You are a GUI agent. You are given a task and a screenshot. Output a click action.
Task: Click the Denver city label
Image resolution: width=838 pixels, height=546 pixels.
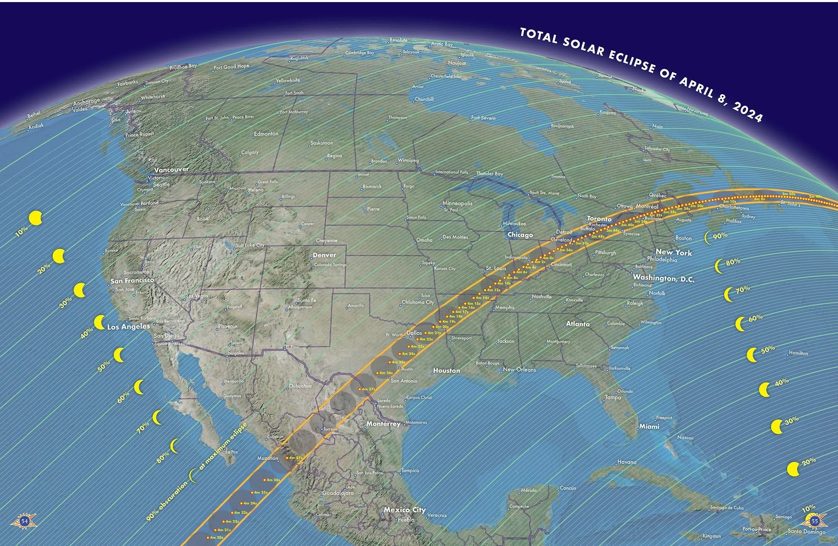324,255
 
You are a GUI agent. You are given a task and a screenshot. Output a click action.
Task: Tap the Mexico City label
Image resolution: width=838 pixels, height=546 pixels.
404,510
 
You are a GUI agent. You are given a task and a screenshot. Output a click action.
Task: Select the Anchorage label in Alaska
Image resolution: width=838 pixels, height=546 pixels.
87,102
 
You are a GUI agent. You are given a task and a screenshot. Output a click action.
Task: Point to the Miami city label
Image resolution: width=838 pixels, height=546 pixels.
649,426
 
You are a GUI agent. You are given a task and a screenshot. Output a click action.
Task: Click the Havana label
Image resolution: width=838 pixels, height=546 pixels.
627,462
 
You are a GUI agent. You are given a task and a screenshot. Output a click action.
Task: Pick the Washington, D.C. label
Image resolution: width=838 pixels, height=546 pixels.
663,278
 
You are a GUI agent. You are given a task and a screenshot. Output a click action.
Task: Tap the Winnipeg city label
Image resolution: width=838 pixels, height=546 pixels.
408,160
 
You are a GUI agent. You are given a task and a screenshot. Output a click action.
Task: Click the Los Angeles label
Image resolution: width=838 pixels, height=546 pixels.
129,327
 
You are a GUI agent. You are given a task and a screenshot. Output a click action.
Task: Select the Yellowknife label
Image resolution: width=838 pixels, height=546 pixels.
288,80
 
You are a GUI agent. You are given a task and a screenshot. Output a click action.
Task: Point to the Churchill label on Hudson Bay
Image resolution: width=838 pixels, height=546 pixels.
424,99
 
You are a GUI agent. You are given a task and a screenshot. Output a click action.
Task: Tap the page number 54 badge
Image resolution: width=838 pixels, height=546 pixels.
25,521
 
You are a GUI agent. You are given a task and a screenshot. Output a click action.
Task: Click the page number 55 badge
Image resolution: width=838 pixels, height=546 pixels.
814,521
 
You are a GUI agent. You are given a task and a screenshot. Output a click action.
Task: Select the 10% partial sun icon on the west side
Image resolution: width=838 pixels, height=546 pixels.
36,218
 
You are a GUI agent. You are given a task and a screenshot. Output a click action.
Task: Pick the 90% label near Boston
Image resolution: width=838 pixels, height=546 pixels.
720,236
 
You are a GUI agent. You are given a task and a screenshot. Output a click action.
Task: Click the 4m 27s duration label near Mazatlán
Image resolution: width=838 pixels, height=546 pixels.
295,458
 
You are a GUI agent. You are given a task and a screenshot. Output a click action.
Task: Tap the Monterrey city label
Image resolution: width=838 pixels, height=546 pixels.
383,424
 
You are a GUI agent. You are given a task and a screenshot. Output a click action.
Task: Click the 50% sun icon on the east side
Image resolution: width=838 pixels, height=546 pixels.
753,355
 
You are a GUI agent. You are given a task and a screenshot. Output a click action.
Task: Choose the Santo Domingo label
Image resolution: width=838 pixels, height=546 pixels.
806,532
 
